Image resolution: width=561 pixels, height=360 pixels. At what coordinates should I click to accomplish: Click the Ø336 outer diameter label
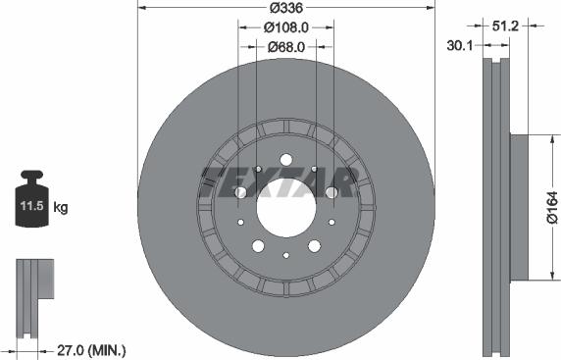point(286,8)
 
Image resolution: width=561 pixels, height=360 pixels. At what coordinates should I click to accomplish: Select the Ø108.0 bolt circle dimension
point(285,27)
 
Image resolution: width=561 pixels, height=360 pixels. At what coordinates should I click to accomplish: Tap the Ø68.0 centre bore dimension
point(286,47)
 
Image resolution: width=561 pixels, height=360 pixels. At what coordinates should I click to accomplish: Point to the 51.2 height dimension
point(505,26)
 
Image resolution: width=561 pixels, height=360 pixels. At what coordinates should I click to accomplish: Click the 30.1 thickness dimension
point(460,45)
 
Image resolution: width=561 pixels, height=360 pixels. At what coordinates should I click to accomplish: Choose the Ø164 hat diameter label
point(552,208)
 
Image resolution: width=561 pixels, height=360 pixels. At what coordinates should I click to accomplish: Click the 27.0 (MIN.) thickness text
point(91,350)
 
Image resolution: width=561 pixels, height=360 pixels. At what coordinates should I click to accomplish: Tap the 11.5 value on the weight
point(31,206)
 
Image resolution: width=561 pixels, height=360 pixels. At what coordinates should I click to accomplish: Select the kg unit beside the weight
point(61,207)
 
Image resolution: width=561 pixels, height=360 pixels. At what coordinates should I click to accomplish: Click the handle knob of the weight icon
point(31,175)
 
